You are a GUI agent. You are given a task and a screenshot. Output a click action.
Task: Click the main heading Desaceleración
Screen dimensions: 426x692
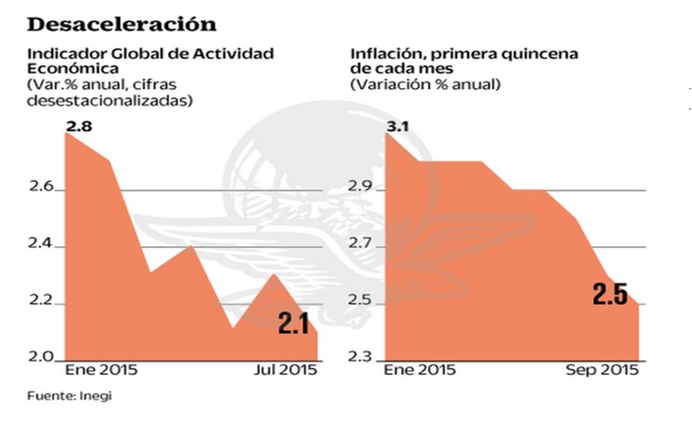coord(122,24)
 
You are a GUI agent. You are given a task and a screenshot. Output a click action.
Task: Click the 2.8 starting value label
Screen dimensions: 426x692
coord(79,127)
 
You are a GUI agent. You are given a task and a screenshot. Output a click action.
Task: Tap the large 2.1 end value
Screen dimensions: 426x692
coord(294,324)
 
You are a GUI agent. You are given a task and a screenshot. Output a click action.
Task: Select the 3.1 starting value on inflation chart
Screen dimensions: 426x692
coord(398,127)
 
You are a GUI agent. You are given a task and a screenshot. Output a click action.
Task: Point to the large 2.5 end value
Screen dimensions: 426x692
coord(609,295)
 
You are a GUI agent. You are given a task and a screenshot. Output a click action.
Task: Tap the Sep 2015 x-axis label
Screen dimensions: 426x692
coord(602,370)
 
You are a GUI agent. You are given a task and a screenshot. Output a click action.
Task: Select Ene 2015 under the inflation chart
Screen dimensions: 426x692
coord(419,370)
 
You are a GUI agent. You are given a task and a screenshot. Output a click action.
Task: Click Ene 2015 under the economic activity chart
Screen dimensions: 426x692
coord(102,370)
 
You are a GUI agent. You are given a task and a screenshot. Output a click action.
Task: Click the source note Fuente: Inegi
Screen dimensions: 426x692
coord(69,396)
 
